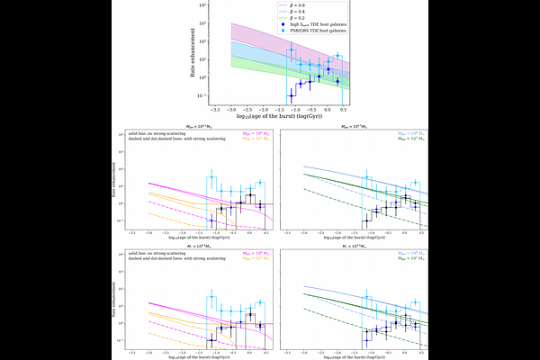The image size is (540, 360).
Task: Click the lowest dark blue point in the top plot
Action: tap(290, 95)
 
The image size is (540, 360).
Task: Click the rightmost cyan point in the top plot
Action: tap(337, 55)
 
